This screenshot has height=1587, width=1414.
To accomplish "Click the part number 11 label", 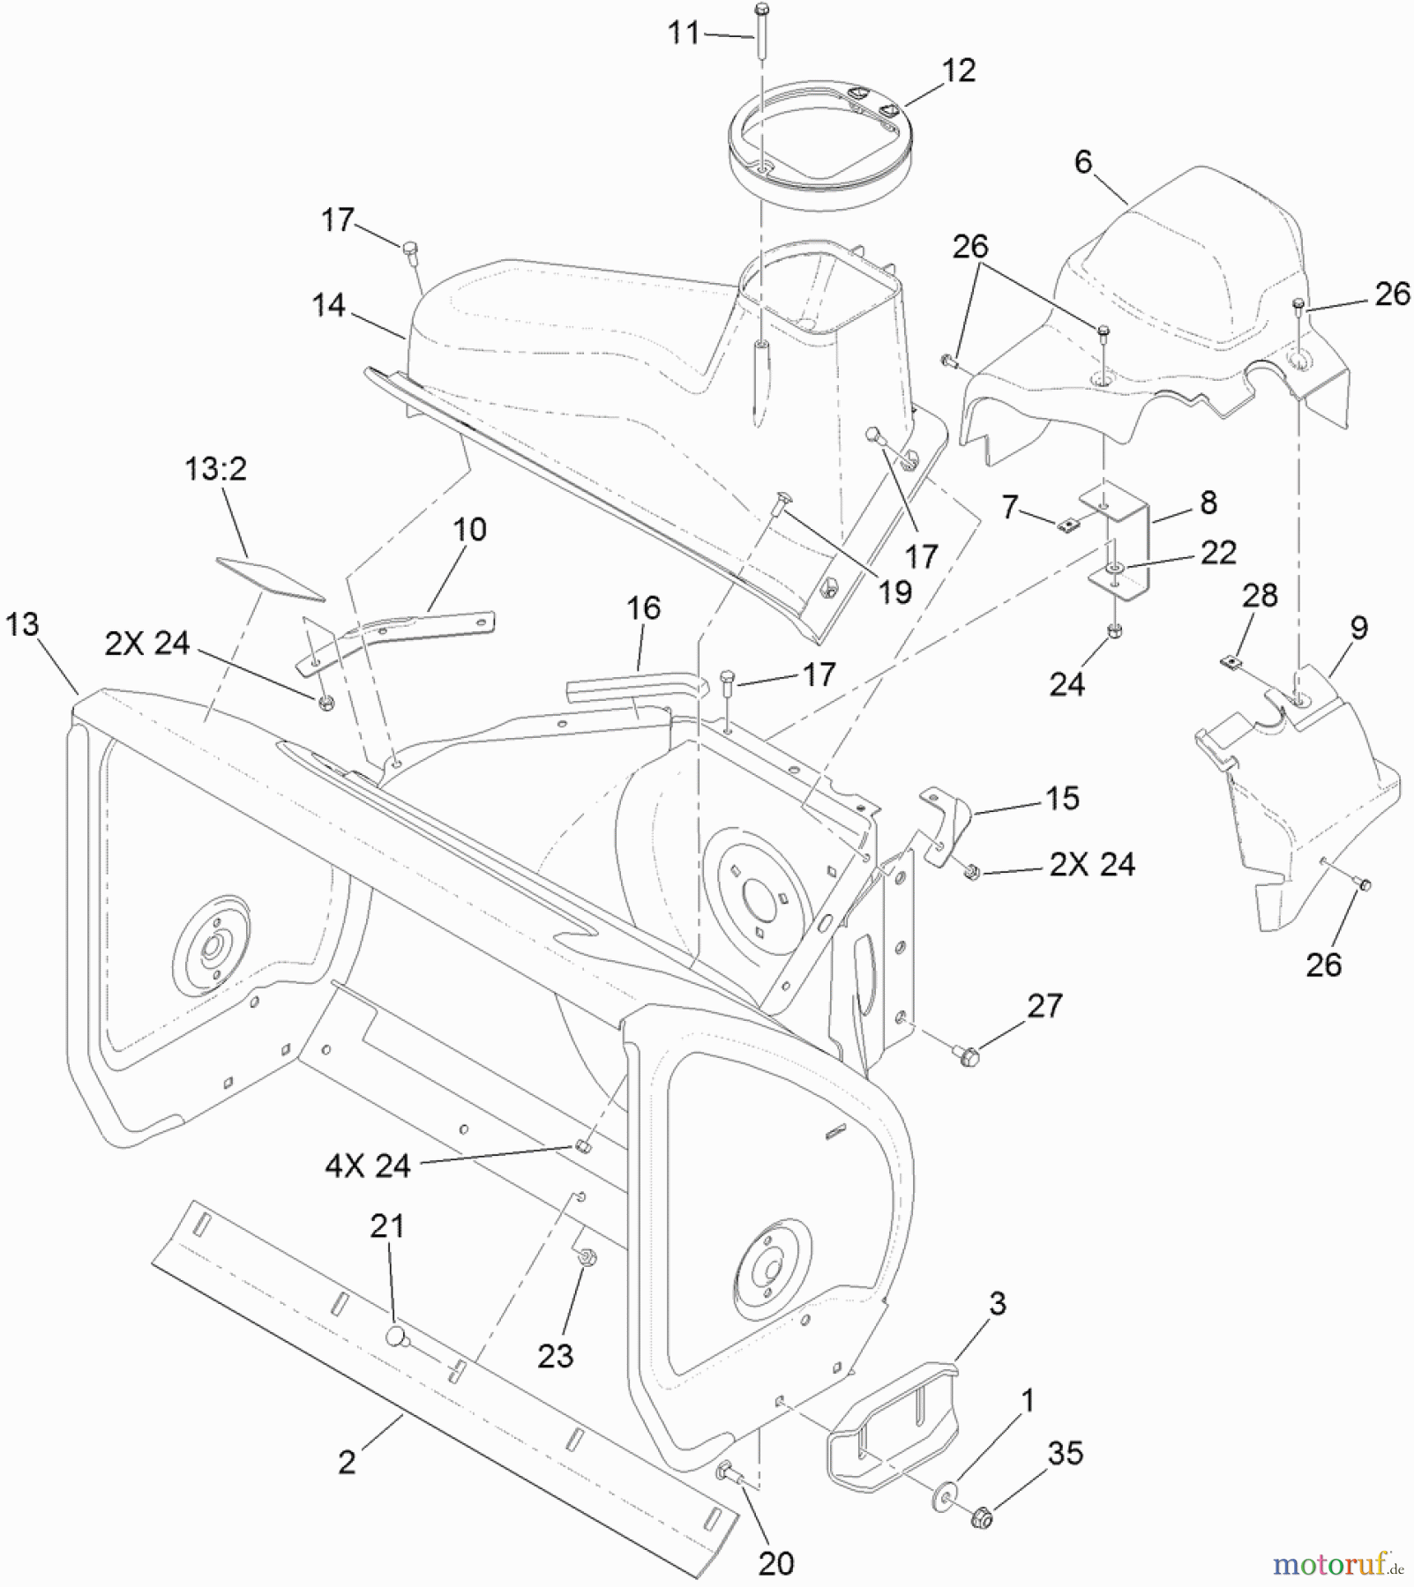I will [684, 34].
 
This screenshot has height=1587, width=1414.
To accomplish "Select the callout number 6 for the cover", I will [1083, 161].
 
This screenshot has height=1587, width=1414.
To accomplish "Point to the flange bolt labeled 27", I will [964, 1051].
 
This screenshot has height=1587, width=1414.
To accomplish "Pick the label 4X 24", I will [367, 1166].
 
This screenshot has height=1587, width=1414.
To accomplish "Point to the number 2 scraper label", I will [347, 1462].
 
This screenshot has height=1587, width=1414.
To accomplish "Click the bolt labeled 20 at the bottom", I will [729, 1470].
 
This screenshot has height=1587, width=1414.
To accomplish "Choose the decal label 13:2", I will [215, 469].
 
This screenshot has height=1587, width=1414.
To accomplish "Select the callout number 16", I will [643, 608].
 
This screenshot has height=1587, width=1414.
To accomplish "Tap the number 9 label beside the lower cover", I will [1358, 628].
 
